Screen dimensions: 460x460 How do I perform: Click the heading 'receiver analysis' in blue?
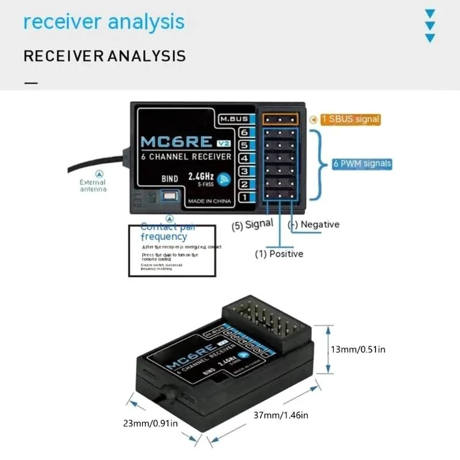[104, 22]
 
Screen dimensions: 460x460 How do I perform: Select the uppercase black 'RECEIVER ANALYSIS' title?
[105, 56]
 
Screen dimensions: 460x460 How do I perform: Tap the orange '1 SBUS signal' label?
[350, 119]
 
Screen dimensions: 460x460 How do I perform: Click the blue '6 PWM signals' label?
[362, 163]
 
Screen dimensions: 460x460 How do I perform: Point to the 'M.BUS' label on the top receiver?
[234, 119]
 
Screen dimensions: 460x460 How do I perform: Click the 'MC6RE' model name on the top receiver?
[172, 142]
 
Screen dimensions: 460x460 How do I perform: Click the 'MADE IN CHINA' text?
[210, 201]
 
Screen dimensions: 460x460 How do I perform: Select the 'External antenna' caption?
[93, 185]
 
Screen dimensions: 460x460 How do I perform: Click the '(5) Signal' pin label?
[252, 225]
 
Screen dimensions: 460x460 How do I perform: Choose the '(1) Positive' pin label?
[279, 253]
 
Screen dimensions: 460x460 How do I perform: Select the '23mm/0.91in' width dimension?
[149, 424]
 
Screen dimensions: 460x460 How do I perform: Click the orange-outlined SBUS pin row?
[280, 119]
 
